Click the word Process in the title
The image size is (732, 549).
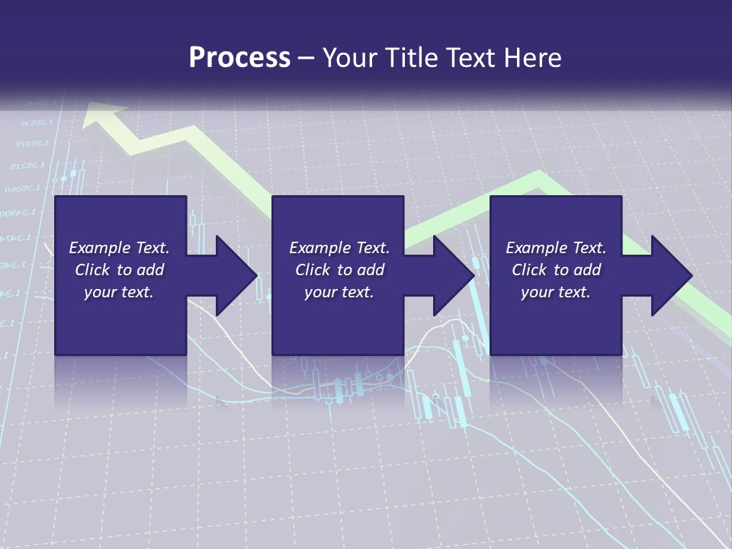pyautogui.click(x=239, y=58)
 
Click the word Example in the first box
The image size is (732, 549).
pyautogui.click(x=99, y=248)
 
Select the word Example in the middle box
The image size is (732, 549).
pyautogui.click(x=319, y=248)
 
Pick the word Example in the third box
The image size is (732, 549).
pyautogui.click(x=536, y=248)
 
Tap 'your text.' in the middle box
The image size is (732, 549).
pyautogui.click(x=339, y=292)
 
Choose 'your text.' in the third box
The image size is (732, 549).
pyautogui.click(x=556, y=292)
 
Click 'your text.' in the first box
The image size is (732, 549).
pyautogui.click(x=119, y=292)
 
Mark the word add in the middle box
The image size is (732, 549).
pyautogui.click(x=371, y=270)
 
